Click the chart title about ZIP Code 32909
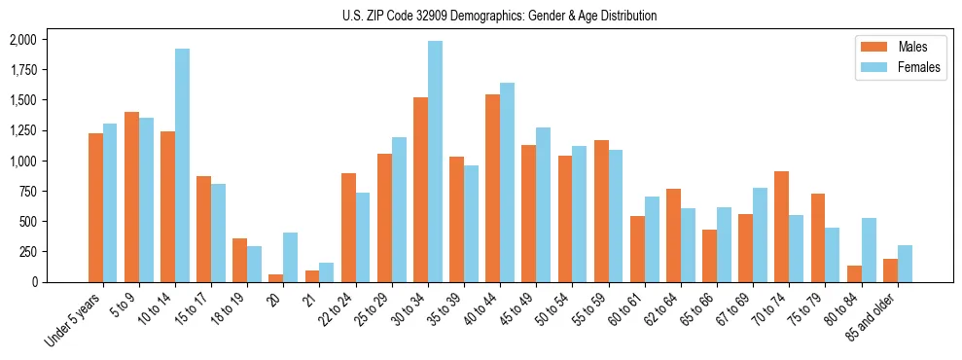point(499,16)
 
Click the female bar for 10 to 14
point(182,165)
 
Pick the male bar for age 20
point(275,278)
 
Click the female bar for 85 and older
point(905,264)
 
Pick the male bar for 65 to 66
point(709,256)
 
